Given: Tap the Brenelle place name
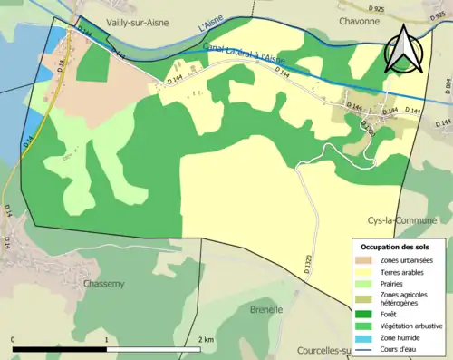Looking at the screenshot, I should click(x=266, y=310).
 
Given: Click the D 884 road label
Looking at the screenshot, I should click(x=447, y=87).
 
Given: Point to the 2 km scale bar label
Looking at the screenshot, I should click(x=207, y=340).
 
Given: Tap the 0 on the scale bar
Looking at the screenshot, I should click(x=14, y=340).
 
